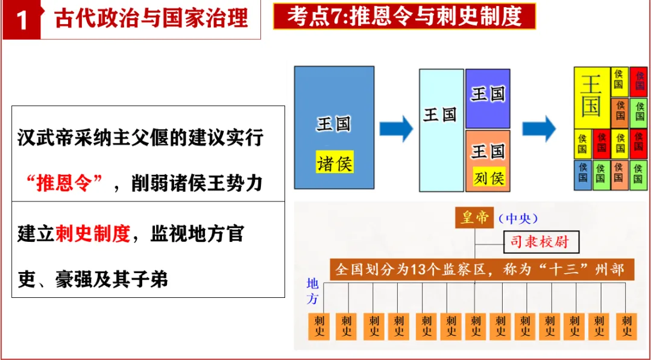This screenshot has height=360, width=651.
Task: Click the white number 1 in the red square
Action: tap(22, 20)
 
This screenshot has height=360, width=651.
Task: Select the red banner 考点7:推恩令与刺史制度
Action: tap(404, 16)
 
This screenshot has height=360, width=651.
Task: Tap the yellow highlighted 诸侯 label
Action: tap(335, 163)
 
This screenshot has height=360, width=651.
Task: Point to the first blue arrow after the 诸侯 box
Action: tap(395, 128)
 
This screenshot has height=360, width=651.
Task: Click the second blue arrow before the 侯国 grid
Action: tap(538, 128)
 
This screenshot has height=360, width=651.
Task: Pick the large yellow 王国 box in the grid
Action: tap(591, 96)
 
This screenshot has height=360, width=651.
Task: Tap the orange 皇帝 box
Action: tap(474, 218)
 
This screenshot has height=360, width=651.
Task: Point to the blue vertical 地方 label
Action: tap(312, 291)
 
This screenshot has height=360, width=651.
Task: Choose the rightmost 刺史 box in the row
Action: tap(627, 326)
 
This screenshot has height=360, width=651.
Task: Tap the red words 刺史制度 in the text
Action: tap(93, 234)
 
